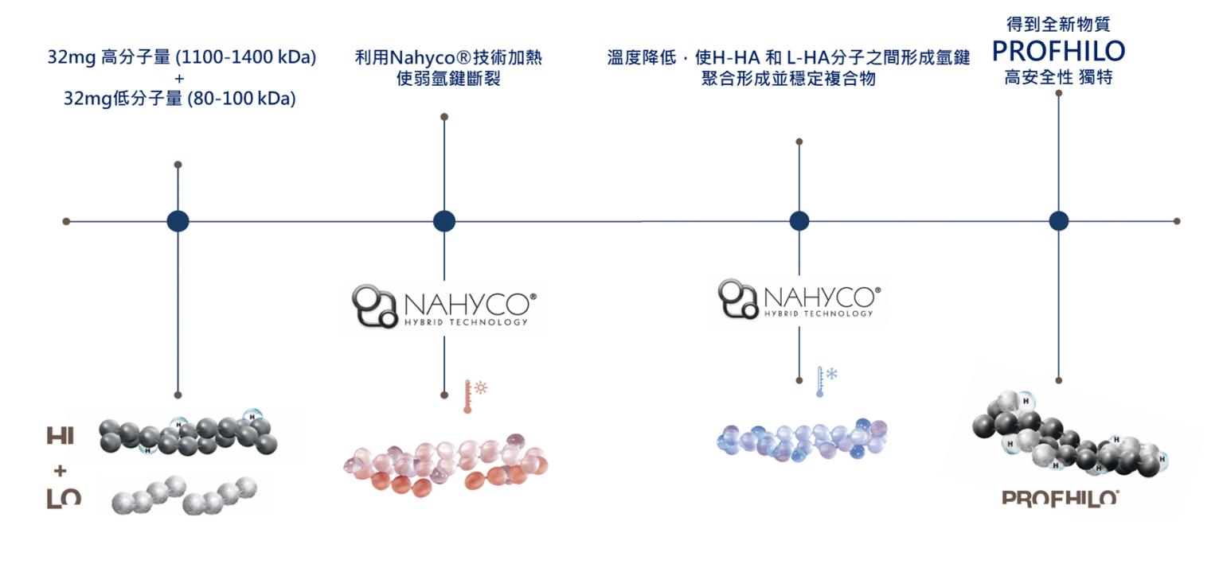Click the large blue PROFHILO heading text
coord(1058,52)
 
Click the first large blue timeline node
coord(178,221)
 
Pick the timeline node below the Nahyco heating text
coord(443,221)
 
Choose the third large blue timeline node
coord(799,221)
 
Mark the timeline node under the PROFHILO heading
coord(1058,221)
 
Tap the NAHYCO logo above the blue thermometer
coord(799,298)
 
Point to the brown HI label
coord(60,436)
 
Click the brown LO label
coord(64,499)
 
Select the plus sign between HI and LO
coord(60,469)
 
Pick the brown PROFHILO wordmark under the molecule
coord(1059,499)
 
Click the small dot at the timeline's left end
coord(66,221)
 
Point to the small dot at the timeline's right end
coord(1177,221)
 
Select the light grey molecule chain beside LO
coord(185,496)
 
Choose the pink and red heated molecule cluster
coord(446,462)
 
